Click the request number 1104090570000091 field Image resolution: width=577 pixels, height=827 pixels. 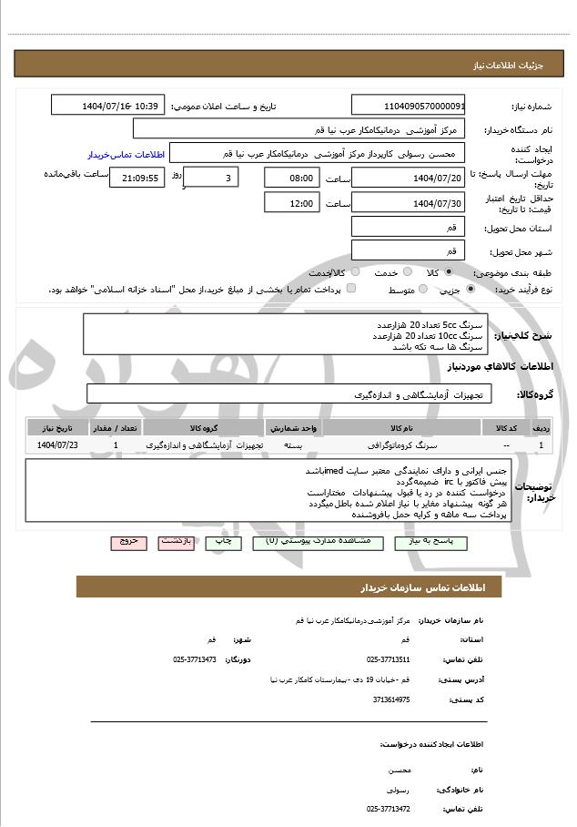coord(408,106)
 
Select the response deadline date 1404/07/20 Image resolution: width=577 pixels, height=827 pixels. coord(408,178)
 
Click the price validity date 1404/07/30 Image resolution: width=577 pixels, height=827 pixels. coord(408,202)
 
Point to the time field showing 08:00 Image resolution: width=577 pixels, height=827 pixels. coord(292,178)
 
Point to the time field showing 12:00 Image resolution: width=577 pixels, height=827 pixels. coord(292,202)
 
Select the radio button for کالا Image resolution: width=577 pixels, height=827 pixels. coord(448,271)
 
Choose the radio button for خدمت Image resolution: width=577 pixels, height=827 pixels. coord(407,271)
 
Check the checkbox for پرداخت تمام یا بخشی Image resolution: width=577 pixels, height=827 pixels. coord(351,289)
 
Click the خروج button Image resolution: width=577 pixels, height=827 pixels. coord(128,541)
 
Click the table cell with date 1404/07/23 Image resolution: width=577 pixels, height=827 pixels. coord(58,444)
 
